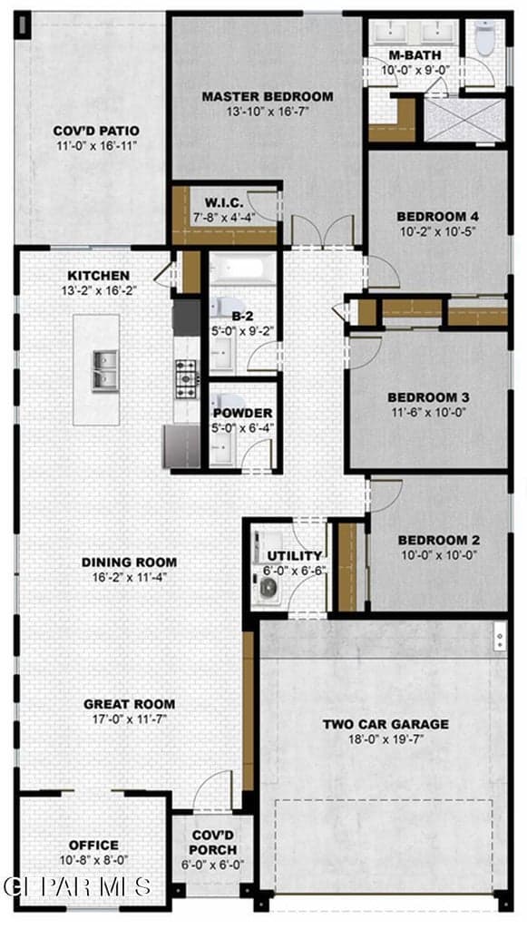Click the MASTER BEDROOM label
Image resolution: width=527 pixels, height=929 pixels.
pos(268,96)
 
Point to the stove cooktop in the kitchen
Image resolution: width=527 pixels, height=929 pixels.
pos(187,378)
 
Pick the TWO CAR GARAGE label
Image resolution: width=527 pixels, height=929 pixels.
pos(385,724)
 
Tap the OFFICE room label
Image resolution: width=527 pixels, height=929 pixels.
pos(94,845)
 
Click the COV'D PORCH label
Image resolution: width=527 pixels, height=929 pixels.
pos(212,843)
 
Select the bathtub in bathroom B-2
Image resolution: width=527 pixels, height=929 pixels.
pos(243,269)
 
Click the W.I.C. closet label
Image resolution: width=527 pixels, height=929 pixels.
pos(222,201)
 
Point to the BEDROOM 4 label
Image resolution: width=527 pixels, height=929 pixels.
pos(437,216)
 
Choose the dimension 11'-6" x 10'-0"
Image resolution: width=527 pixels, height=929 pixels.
pos(428,412)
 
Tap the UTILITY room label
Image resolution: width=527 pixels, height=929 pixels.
pos(294,556)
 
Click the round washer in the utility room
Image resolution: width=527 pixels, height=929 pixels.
pos(268,588)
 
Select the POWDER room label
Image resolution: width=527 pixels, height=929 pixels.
pos(243,413)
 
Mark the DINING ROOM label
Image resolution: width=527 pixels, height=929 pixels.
pos(129,562)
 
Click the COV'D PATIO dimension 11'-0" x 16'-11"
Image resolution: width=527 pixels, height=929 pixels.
pos(96,146)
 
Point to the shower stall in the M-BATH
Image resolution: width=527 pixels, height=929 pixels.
pos(464,120)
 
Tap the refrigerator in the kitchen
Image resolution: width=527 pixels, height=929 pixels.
pos(181,445)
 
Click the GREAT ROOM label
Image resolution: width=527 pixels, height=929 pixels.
pos(129,704)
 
